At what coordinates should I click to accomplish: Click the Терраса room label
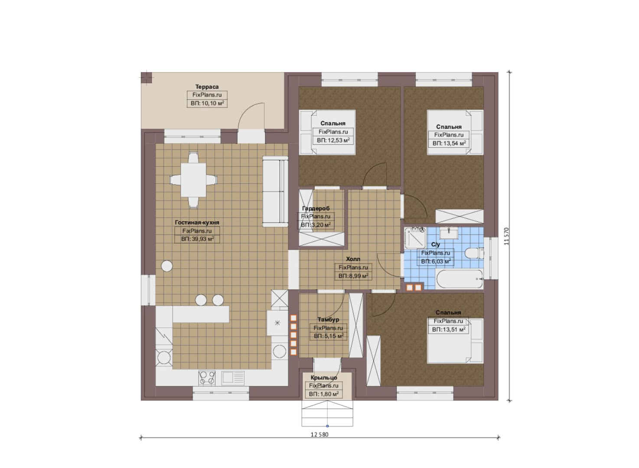207,87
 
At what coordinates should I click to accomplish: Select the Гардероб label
316,208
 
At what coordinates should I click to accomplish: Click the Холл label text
353,259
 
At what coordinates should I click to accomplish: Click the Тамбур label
328,320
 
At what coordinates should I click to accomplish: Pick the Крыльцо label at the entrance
324,377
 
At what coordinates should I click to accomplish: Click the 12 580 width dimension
319,435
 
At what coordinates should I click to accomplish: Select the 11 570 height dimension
506,236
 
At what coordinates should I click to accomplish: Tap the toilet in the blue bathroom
474,253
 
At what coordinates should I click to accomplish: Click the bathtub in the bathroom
459,279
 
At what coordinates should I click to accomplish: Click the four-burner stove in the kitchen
207,378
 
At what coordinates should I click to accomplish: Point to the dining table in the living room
193,180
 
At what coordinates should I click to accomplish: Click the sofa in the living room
275,192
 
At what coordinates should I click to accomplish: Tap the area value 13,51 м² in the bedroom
449,329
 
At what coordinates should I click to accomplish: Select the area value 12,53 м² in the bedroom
333,140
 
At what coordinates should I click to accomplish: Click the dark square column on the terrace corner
147,77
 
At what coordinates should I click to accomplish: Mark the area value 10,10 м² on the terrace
207,103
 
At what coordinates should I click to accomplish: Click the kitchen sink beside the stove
233,378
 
